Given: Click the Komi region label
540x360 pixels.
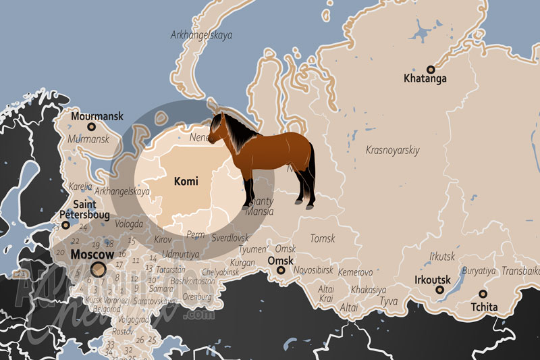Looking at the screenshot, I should [x=186, y=181].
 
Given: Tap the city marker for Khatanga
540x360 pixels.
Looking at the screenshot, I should [x=430, y=69].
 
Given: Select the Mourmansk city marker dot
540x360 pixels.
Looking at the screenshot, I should [x=92, y=126].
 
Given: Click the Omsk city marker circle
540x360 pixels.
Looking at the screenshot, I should [x=280, y=272].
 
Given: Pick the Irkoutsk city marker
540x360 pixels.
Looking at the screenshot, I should [x=439, y=290].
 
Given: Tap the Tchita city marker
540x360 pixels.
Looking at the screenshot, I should [x=483, y=294].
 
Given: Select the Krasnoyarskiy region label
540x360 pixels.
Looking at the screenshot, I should [x=392, y=150].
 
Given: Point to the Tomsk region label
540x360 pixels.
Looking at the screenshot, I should [x=322, y=238].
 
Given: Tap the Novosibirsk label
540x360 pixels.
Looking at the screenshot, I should [x=314, y=270].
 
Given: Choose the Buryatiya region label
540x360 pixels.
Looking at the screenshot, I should [x=479, y=271].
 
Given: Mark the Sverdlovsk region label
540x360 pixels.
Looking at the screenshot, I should [x=230, y=238].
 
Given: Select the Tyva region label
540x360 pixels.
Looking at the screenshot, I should [x=388, y=301].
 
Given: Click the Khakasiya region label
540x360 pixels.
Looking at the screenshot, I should [x=369, y=289].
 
